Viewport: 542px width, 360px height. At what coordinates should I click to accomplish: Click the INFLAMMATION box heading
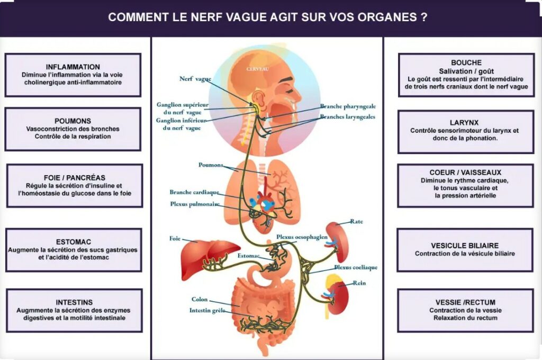[x=73, y=67]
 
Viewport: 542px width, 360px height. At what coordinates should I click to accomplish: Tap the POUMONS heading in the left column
[x=73, y=121]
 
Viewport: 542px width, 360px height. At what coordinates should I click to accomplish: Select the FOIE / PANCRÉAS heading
[x=75, y=178]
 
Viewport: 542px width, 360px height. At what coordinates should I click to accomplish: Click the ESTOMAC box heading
[x=74, y=242]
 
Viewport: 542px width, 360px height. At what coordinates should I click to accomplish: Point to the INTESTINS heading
[x=74, y=302]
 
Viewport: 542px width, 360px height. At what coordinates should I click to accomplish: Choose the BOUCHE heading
[x=466, y=62]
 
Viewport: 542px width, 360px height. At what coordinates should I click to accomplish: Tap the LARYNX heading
[x=464, y=123]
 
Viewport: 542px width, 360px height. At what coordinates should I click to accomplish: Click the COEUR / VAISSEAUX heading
[x=465, y=172]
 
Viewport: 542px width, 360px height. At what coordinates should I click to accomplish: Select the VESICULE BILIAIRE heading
[x=465, y=246]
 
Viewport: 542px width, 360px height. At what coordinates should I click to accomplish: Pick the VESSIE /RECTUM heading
[x=465, y=302]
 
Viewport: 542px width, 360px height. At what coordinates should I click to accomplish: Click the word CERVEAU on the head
[x=258, y=69]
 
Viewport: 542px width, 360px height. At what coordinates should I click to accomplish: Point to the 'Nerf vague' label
[x=195, y=79]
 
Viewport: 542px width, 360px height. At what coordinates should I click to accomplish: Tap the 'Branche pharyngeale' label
[x=348, y=106]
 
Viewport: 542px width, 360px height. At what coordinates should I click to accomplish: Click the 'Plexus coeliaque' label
[x=356, y=267]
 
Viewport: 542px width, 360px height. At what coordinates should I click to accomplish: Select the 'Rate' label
[x=356, y=221]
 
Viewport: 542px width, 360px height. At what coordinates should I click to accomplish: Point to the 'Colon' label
[x=200, y=299]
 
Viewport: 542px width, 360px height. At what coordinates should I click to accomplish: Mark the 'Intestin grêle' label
[x=207, y=310]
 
